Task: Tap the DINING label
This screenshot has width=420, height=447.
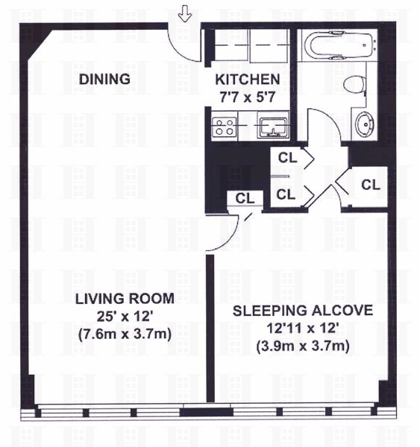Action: (104, 79)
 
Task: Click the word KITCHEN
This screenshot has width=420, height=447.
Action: (247, 79)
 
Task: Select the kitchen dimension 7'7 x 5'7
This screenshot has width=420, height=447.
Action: (247, 97)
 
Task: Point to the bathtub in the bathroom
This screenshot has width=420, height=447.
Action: (339, 45)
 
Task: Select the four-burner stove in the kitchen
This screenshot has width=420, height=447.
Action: (224, 127)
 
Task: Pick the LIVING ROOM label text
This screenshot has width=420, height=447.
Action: (125, 299)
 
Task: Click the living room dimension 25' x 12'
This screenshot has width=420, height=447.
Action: (125, 316)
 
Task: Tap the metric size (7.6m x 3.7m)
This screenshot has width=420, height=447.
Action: (125, 334)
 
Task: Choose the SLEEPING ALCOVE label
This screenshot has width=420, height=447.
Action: (303, 311)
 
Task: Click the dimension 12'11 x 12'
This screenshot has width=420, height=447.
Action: (303, 328)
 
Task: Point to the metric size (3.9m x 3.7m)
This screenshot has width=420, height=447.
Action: (303, 346)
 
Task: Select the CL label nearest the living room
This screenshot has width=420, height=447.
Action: (245, 198)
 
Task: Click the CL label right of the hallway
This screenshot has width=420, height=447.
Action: (371, 185)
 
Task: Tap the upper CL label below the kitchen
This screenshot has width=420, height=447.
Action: (287, 158)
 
